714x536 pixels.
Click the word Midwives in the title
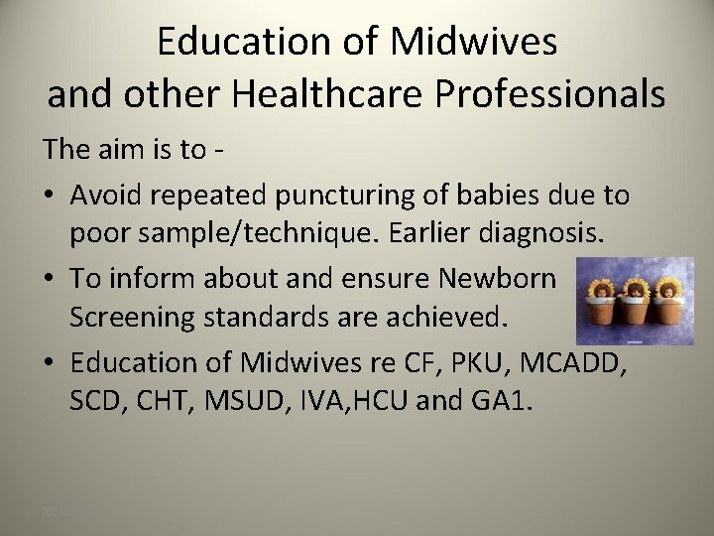tap(473, 42)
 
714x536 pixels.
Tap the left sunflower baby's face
tap(601, 290)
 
